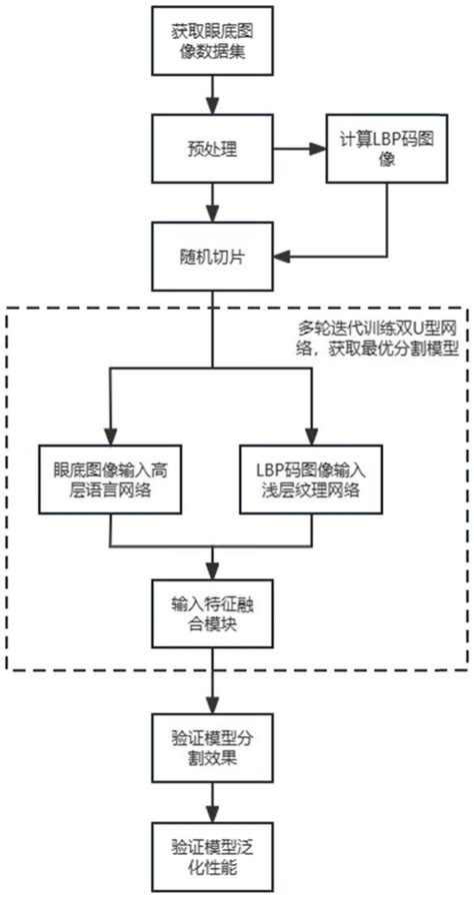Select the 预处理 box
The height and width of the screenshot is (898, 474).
click(x=210, y=150)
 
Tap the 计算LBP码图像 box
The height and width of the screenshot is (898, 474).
click(x=361, y=150)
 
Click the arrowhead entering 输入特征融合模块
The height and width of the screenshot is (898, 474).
click(x=210, y=571)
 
